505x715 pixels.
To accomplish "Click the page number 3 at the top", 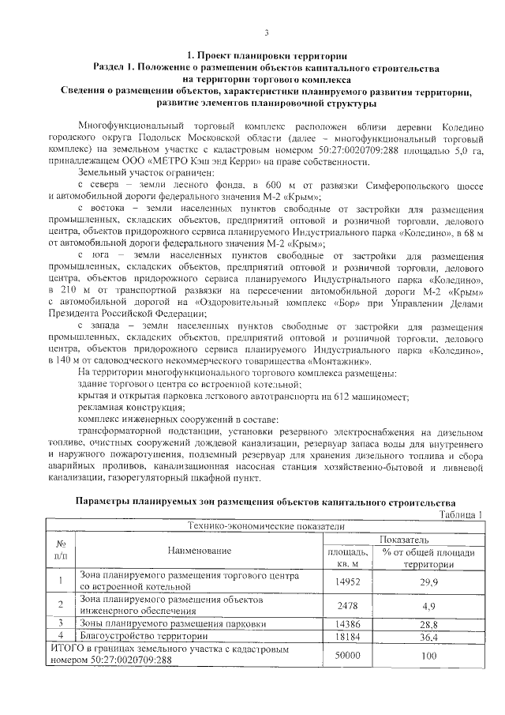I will click(x=267, y=32).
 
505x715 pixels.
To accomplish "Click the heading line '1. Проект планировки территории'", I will click(x=267, y=56).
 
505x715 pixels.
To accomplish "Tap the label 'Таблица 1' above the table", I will click(x=459, y=515).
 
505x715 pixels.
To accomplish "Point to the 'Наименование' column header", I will click(x=199, y=551).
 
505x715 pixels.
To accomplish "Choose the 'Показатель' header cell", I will click(x=405, y=539).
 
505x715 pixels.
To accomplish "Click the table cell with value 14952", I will click(x=347, y=581).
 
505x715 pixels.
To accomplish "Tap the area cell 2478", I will click(x=347, y=606).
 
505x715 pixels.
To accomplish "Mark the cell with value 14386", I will click(x=347, y=624).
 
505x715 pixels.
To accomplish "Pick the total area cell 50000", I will click(x=347, y=656).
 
